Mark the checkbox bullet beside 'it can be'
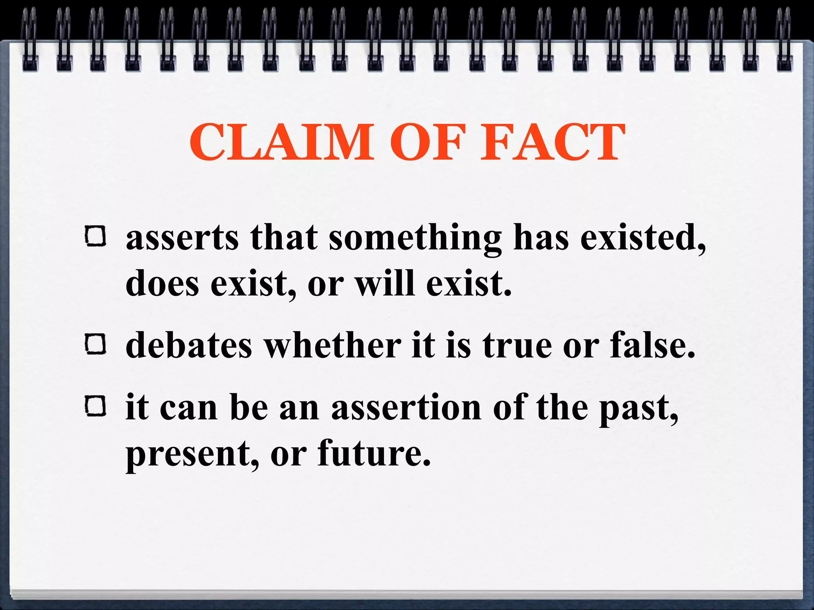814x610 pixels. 95,406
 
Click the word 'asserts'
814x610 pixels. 182,238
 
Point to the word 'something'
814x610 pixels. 415,238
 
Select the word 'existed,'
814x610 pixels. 643,238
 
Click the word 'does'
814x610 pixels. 162,284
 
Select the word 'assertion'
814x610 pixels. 406,408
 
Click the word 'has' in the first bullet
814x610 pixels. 541,238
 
